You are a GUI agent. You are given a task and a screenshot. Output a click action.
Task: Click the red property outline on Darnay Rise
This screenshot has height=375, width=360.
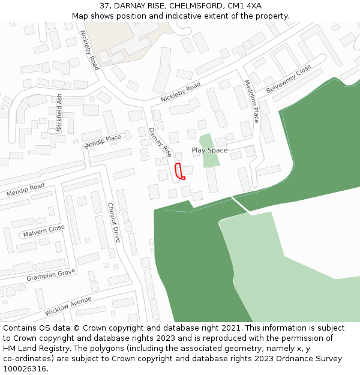click(x=179, y=171)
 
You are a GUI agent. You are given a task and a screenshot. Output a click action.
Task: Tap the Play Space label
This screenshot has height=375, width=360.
click(x=209, y=150)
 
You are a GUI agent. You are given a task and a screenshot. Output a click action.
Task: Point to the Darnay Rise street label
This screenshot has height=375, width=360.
click(x=160, y=143)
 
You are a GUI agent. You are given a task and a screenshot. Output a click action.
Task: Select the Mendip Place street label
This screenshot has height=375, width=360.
click(x=103, y=142)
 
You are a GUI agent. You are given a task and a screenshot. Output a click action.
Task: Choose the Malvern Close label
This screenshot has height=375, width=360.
click(x=43, y=230)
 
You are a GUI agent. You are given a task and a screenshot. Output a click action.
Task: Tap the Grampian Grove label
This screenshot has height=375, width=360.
click(x=50, y=276)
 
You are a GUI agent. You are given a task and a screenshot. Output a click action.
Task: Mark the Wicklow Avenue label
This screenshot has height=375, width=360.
click(x=68, y=306)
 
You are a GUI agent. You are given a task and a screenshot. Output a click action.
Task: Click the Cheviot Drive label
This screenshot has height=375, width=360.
click(x=113, y=222)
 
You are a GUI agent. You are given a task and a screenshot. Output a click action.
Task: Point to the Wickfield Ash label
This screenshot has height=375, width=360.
click(x=59, y=112)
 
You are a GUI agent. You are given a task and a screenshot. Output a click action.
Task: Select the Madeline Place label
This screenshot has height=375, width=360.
click(x=251, y=101)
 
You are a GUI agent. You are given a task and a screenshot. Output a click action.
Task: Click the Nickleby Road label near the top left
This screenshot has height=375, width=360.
click(x=89, y=50)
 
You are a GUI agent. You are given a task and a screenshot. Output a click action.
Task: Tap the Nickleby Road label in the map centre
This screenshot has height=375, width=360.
click(x=181, y=92)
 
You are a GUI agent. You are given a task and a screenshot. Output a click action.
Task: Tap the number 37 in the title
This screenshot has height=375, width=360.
click(x=105, y=5)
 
